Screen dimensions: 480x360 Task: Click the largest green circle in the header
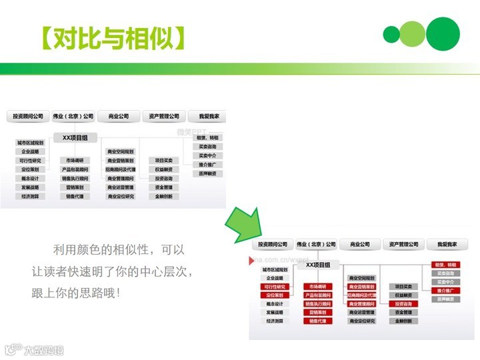pos(443,33)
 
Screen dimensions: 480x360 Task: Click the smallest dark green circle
pos(391,35)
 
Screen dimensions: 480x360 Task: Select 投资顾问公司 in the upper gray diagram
pos(29,116)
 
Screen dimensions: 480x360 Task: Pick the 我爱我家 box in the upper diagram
pos(204,116)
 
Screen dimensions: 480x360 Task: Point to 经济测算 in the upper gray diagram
pos(30,197)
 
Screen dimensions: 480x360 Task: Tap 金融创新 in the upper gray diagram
pos(164,197)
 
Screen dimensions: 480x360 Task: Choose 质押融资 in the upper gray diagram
pos(207,173)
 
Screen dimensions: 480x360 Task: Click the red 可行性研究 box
pos(274,287)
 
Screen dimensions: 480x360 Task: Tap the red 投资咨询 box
pos(403,303)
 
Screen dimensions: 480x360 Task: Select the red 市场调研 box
pos(319,287)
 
